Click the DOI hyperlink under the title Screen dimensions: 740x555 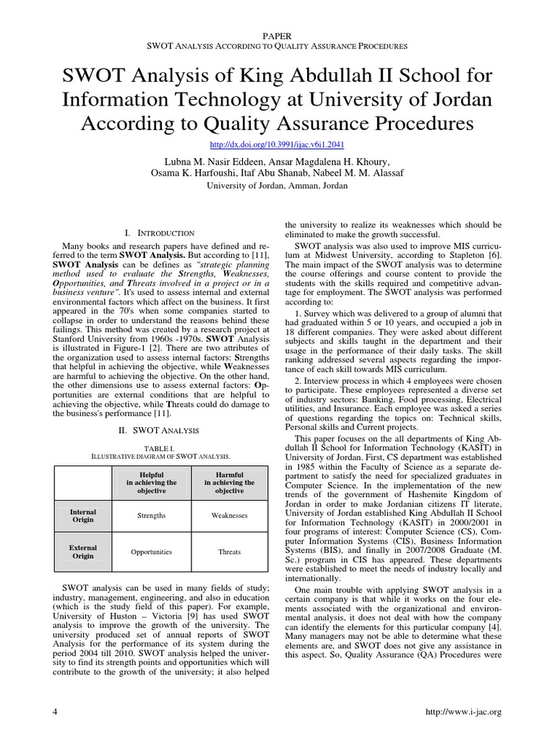click(277, 145)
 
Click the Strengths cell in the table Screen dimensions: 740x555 click(152, 516)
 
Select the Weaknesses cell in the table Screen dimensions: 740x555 click(229, 516)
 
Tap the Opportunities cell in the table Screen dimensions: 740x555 click(152, 552)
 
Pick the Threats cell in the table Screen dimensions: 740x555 click(229, 552)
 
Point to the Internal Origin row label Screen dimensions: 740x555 click(83, 516)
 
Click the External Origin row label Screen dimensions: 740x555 click(83, 552)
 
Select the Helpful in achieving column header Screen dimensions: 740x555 click(152, 482)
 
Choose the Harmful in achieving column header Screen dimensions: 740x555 click(229, 482)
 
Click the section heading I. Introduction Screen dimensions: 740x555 click(159, 233)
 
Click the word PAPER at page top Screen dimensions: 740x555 click(277, 34)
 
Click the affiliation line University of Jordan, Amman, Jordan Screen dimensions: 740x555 click(277, 186)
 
